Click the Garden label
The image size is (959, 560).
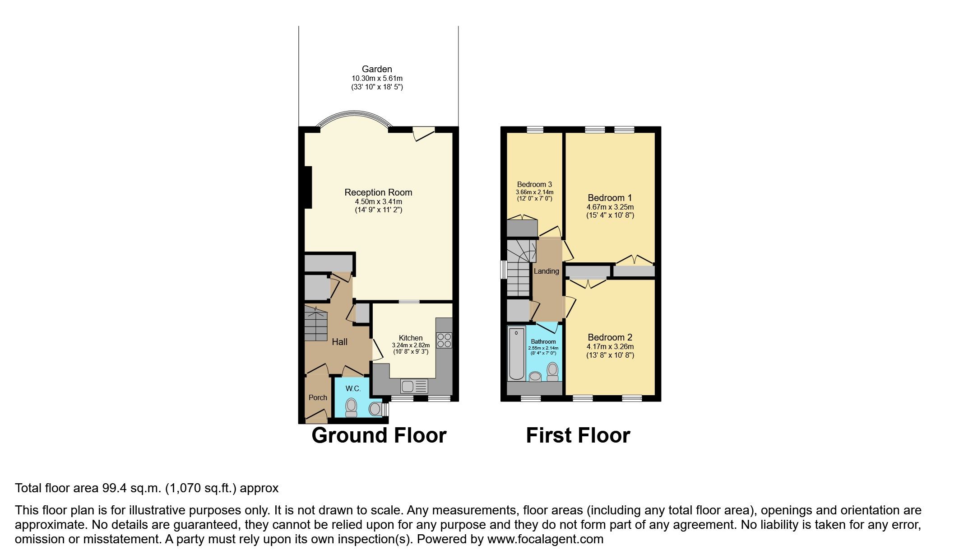pos(377,69)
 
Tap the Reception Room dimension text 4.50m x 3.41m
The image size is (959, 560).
pos(378,201)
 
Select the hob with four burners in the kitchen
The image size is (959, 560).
pos(444,340)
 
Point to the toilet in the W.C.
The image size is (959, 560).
pos(351,407)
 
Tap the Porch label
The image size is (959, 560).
pos(318,397)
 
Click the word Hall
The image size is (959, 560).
pos(339,342)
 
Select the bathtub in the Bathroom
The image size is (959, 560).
pos(516,354)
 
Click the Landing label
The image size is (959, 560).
pos(546,271)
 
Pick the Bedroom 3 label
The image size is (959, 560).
pos(534,184)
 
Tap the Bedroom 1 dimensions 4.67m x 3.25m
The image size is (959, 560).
pos(610,207)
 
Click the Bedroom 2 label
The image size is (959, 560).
pos(610,337)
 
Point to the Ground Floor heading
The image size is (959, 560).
pos(379,435)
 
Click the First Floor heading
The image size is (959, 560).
pos(578,435)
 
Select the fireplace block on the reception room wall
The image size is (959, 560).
pos(308,187)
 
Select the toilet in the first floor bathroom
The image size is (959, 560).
pos(552,372)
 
